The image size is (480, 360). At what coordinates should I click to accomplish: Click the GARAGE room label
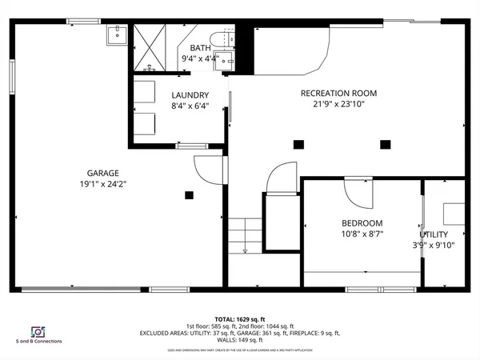[x=102, y=173]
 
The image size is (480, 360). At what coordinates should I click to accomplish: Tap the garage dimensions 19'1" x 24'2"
[x=102, y=184]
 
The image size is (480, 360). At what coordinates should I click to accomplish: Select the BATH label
[x=200, y=48]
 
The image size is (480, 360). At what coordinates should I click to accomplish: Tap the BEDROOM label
[x=362, y=223]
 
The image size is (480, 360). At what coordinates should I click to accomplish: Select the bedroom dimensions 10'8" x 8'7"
[x=362, y=234]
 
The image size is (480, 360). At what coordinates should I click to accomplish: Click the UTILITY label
[x=436, y=234]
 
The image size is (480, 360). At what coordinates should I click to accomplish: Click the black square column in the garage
[x=190, y=194]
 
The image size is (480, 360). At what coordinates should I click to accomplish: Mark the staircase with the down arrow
[x=245, y=237]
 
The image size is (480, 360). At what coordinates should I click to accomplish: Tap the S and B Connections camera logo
[x=37, y=331]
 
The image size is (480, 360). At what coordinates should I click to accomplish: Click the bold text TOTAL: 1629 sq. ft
[x=240, y=318]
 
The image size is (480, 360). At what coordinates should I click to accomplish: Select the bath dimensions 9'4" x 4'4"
[x=200, y=58]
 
